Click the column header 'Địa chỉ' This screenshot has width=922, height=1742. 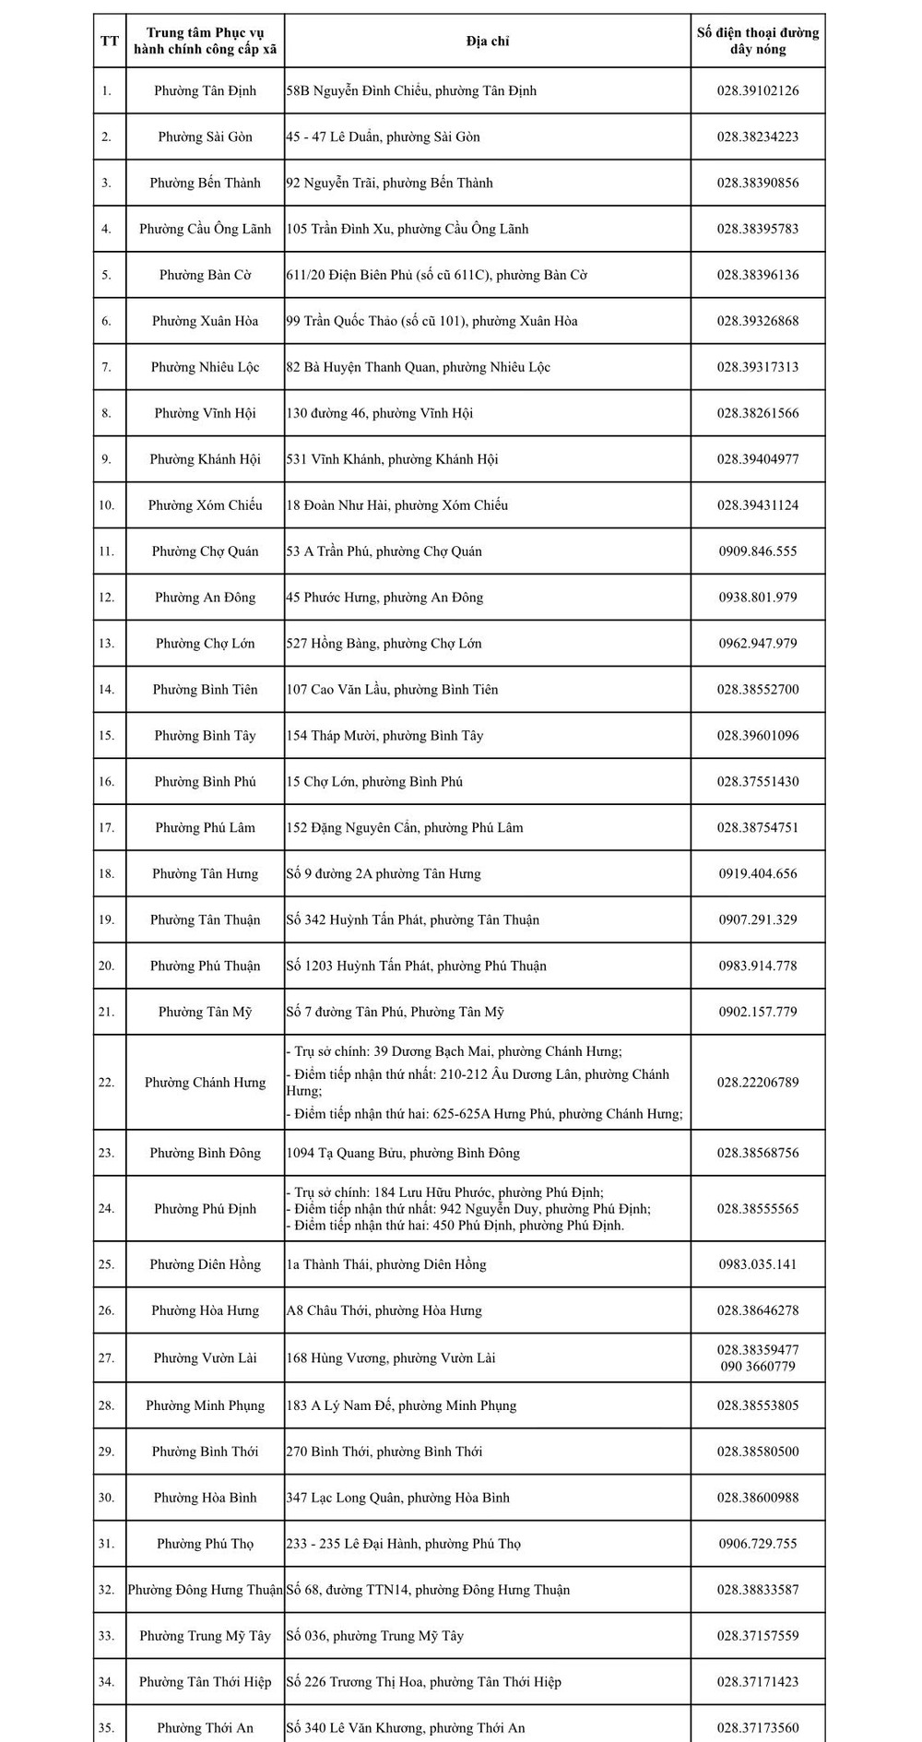tap(487, 41)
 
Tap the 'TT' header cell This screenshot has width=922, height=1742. tap(110, 41)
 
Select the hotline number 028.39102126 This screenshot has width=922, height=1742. tap(758, 90)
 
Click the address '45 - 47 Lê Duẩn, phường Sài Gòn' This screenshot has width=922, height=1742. tap(383, 136)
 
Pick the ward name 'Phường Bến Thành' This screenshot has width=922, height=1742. tap(205, 183)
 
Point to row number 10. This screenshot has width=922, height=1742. tap(106, 505)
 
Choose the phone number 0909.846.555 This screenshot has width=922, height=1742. tap(758, 551)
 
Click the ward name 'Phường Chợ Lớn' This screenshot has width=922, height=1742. tap(205, 644)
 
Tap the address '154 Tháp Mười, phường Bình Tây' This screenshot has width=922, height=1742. tap(384, 736)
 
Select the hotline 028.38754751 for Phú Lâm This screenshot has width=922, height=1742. tap(758, 828)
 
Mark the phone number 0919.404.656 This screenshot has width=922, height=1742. tap(758, 874)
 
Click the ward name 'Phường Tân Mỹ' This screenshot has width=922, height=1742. tap(205, 1013)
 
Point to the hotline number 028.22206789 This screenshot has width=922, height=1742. tap(758, 1083)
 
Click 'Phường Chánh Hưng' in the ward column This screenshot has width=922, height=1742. tap(205, 1083)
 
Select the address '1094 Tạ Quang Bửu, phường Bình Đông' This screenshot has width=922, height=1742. tap(403, 1154)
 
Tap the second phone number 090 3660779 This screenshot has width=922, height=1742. tap(758, 1367)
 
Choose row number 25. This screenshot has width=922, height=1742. tap(106, 1264)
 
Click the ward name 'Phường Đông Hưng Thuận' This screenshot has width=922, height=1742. tap(205, 1590)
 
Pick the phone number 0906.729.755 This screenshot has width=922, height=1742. tap(758, 1544)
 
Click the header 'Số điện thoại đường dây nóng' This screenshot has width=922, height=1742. tap(758, 41)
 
